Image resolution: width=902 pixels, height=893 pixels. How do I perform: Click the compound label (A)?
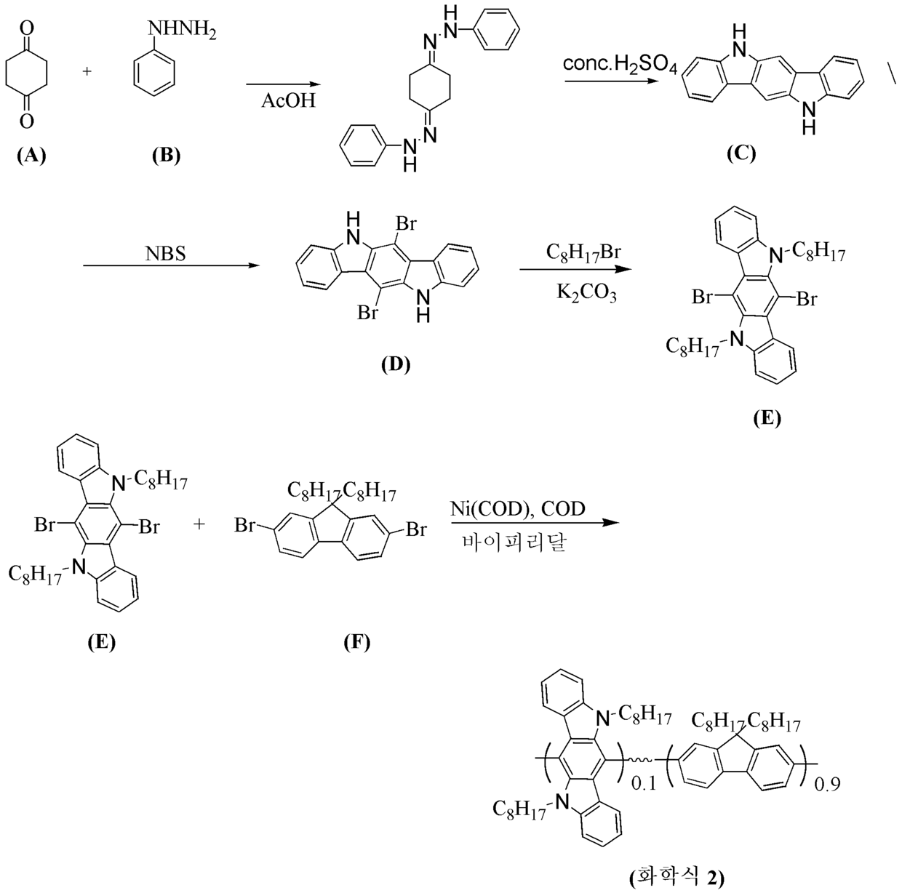coord(31,156)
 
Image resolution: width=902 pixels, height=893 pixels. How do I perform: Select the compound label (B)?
coord(167,156)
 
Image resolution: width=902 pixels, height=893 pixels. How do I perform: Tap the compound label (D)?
coord(396,364)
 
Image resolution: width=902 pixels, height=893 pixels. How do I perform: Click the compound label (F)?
coord(356,642)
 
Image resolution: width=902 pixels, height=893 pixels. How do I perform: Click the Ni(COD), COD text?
coord(518,508)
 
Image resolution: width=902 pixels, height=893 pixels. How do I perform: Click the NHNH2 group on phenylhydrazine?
coord(182,31)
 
